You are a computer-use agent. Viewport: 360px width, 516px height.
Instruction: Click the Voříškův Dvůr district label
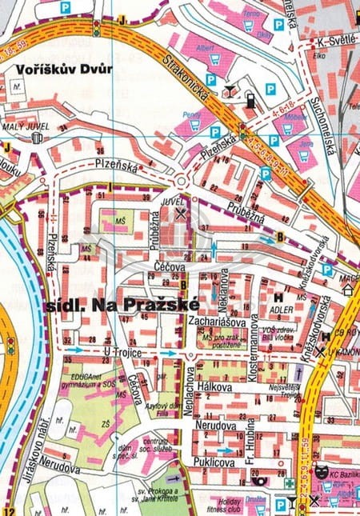click(62, 70)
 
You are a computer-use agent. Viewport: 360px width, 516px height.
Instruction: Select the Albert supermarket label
click(206, 49)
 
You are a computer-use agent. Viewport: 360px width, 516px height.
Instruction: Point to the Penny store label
click(189, 114)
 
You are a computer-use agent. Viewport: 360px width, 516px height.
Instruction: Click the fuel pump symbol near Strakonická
click(250, 101)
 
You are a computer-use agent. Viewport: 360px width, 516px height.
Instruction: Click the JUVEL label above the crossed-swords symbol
click(183, 203)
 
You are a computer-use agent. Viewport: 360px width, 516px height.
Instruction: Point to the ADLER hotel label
click(283, 305)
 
